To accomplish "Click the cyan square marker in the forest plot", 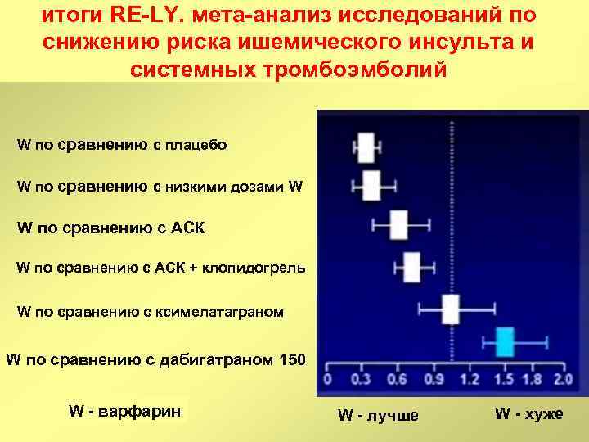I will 504,341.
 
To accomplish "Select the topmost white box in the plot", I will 366,148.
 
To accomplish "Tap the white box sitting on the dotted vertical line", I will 451,310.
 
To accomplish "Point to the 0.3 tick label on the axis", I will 359,380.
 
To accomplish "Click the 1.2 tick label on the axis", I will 470,380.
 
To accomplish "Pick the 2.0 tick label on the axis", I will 562,380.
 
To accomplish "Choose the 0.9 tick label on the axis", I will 434,380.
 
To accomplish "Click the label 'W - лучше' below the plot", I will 378,415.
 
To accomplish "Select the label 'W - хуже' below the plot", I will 528,413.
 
